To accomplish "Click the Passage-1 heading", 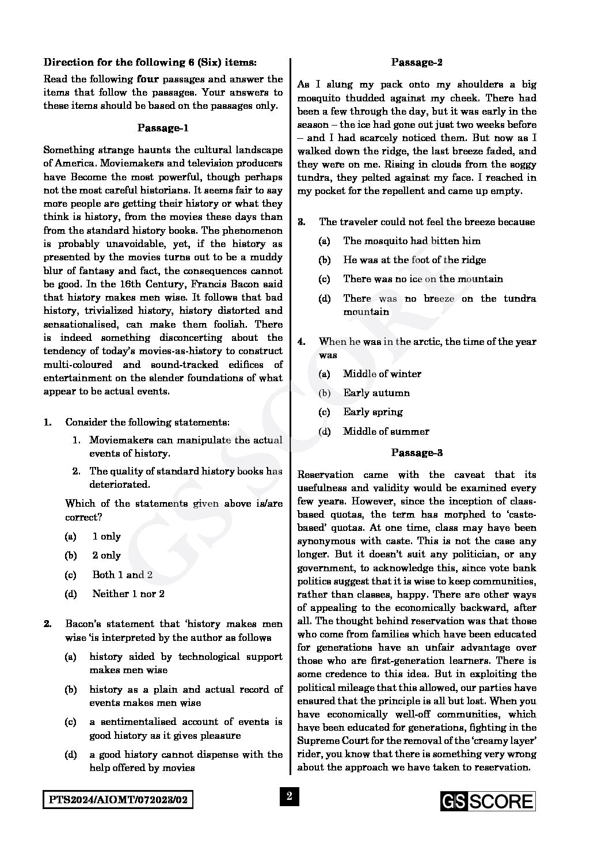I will pyautogui.click(x=163, y=128).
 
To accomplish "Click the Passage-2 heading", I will pyautogui.click(x=417, y=62).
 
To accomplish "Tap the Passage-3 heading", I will pyautogui.click(x=417, y=453).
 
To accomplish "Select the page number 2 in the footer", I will pyautogui.click(x=290, y=797).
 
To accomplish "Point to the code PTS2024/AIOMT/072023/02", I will pyautogui.click(x=117, y=800).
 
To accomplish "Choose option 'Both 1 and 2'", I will pyautogui.click(x=122, y=575).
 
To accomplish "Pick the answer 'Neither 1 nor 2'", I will pyautogui.click(x=128, y=594).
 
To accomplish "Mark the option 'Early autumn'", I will pyautogui.click(x=376, y=393).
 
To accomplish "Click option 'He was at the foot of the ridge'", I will pyautogui.click(x=414, y=260).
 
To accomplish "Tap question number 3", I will pyautogui.click(x=301, y=222).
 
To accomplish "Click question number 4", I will pyautogui.click(x=301, y=341).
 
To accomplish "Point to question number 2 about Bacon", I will pyautogui.click(x=48, y=624).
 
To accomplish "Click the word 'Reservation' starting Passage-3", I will pyautogui.click(x=325, y=474).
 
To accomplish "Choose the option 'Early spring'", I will pyautogui.click(x=373, y=412).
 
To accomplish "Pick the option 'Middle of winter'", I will pyautogui.click(x=382, y=374).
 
